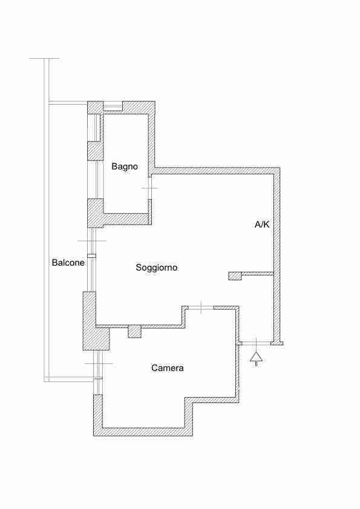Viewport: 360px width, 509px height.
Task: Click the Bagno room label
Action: [125, 166]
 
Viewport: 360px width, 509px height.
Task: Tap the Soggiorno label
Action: [157, 268]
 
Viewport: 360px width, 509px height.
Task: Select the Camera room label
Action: [168, 368]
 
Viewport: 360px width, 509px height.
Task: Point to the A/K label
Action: [262, 225]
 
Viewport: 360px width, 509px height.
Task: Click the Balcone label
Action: [68, 262]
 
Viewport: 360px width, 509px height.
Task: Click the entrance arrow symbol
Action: [256, 358]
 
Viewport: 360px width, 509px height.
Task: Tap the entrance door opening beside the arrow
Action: [256, 342]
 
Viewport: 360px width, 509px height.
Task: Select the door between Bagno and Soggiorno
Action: [149, 188]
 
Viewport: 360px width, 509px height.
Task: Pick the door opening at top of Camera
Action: [201, 307]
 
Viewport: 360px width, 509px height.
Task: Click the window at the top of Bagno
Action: [113, 107]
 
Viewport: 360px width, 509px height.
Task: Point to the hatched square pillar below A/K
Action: [235, 275]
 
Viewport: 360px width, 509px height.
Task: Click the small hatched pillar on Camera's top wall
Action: [134, 332]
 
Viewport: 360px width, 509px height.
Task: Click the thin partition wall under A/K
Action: [258, 274]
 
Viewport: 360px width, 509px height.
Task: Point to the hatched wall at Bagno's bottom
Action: [126, 218]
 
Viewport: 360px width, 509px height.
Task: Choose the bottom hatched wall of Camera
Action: [143, 432]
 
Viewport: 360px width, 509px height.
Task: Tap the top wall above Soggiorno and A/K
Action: [217, 171]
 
